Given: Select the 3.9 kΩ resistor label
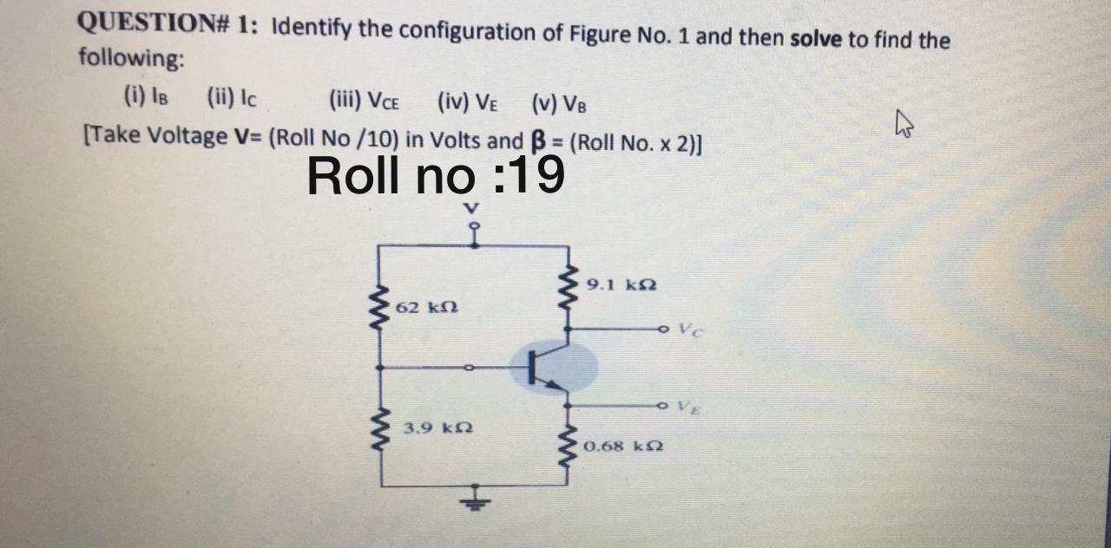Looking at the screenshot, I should coord(432,428).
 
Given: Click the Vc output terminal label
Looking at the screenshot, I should coord(688,329).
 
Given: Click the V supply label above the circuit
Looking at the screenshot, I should coord(471,208).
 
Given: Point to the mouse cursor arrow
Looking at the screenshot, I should coord(905,129).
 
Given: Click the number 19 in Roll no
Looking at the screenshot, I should coord(536,175).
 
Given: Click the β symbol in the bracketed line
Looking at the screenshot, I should coord(537,140).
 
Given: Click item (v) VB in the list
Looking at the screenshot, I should coord(558,104).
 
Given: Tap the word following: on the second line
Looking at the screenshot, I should coord(131,58).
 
